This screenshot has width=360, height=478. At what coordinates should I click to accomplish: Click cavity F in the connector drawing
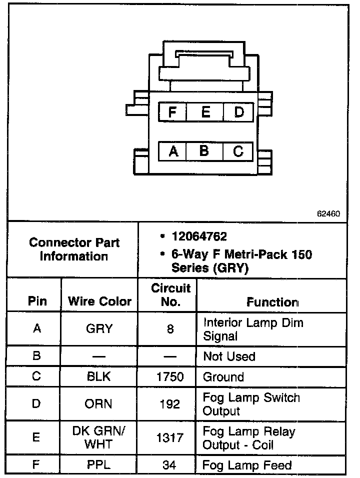[x=172, y=112]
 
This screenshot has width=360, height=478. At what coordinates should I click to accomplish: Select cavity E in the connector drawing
[x=205, y=112]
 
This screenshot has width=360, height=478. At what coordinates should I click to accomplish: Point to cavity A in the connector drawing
[x=173, y=151]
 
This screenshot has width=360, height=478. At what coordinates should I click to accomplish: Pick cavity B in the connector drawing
[x=204, y=150]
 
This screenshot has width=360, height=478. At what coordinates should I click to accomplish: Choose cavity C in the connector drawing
[x=238, y=151]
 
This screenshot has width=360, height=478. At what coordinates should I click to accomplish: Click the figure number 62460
[x=328, y=213]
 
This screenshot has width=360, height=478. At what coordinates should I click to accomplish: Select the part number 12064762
[x=199, y=236]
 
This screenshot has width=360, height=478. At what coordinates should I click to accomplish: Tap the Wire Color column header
[x=99, y=301]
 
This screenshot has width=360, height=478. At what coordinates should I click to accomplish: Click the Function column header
[x=272, y=302]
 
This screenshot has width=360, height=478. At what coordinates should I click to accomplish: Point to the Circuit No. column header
[x=170, y=295]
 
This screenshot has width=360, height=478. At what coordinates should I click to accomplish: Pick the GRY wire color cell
[x=99, y=329]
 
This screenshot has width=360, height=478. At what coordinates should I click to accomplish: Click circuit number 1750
[x=170, y=377]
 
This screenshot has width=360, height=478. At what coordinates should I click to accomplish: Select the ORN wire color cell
[x=99, y=403]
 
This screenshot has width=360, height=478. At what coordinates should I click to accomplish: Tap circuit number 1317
[x=170, y=437]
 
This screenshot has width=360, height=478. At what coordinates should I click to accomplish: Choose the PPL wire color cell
[x=99, y=465]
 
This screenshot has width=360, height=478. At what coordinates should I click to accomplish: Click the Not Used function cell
[x=229, y=356]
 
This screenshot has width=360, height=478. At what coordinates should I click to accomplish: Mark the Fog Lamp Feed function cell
[x=247, y=465]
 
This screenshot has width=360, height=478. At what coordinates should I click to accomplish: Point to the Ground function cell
[x=223, y=377]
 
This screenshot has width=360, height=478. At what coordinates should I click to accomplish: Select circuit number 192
[x=170, y=403]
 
